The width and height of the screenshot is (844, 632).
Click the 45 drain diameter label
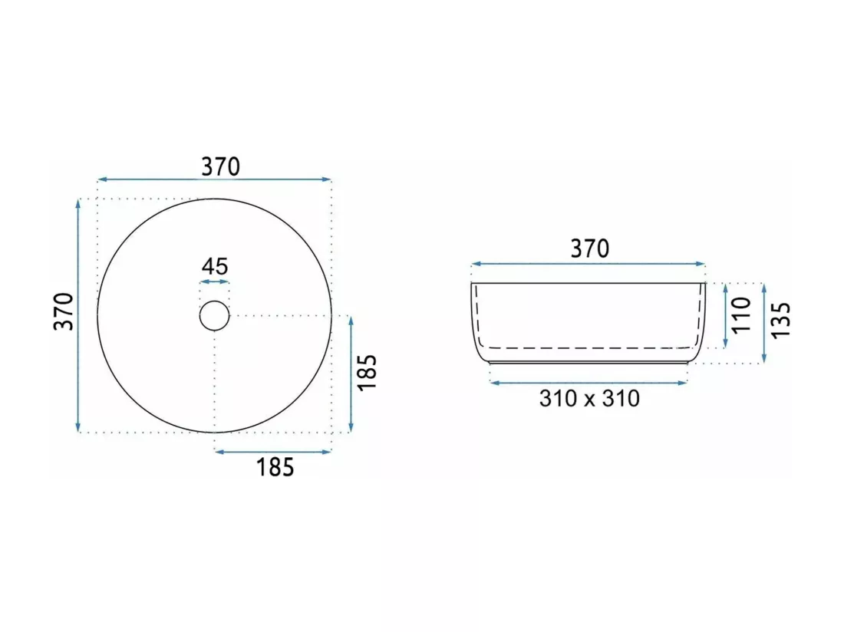[215, 266]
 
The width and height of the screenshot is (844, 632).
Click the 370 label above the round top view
[221, 166]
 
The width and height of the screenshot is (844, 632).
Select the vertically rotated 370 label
[64, 311]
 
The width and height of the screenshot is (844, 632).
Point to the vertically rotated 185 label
[367, 373]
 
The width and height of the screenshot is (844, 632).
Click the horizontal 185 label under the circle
[275, 467]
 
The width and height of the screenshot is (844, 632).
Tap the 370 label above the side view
[590, 249]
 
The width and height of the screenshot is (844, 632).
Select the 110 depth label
[741, 314]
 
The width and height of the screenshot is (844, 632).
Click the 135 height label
[780, 320]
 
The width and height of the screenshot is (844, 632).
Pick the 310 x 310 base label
[589, 399]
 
